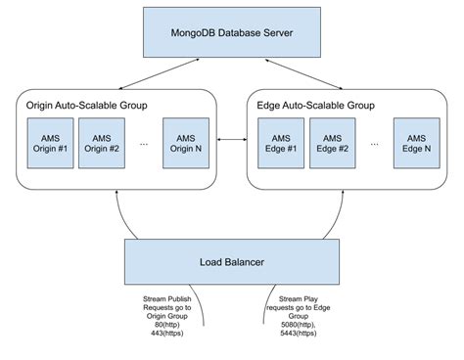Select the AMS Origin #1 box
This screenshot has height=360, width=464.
pos(49,142)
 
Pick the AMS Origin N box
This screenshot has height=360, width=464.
pos(186,142)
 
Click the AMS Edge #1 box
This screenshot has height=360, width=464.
pos(280,142)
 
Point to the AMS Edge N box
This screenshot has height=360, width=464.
pos(416,142)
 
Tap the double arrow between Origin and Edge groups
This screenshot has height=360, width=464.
pos(229,142)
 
